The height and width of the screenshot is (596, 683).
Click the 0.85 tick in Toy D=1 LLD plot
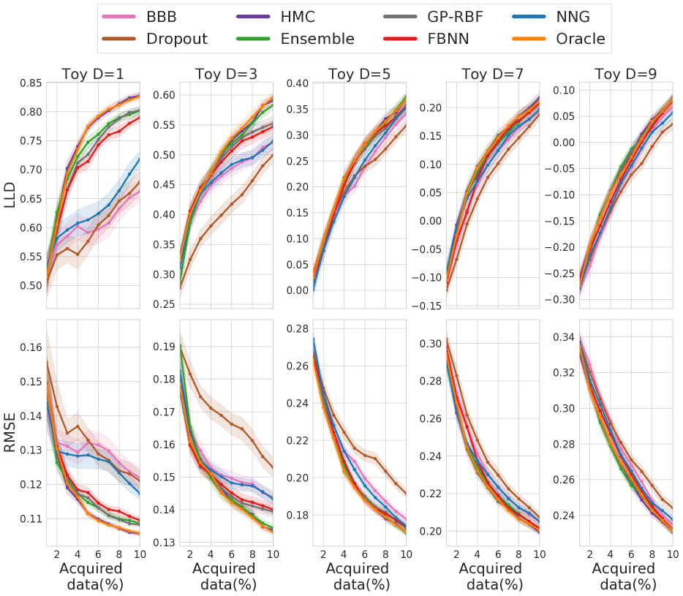point(31,83)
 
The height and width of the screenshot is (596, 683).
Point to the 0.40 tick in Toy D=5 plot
point(298,83)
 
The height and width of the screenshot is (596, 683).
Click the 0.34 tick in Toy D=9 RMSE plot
point(564,337)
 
